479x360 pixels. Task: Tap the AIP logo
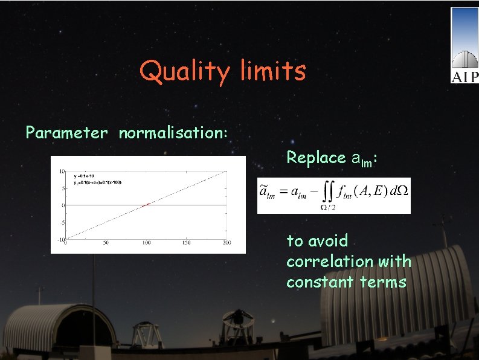(464, 45)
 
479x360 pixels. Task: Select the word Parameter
(66, 133)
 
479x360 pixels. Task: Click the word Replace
(316, 158)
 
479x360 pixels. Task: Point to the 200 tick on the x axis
(226, 243)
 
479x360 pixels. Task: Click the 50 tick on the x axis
(105, 243)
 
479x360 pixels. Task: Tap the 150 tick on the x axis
(186, 243)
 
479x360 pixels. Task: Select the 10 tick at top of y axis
(62, 172)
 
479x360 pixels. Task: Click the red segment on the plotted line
(146, 205)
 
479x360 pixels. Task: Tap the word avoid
(326, 241)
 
